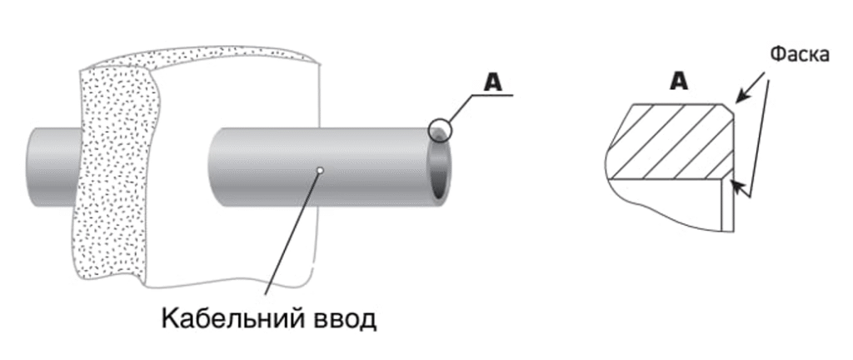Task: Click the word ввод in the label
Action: pyautogui.click(x=342, y=319)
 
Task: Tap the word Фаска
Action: pyautogui.click(x=800, y=55)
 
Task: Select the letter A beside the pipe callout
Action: pyautogui.click(x=493, y=82)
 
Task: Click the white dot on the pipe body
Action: pyautogui.click(x=320, y=171)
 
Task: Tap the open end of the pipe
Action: pyautogui.click(x=438, y=167)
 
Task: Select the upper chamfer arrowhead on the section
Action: pyautogui.click(x=741, y=97)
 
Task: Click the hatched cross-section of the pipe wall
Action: pyautogui.click(x=672, y=142)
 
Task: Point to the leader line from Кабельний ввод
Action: pyautogui.click(x=292, y=232)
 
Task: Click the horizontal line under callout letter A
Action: pyautogui.click(x=491, y=95)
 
